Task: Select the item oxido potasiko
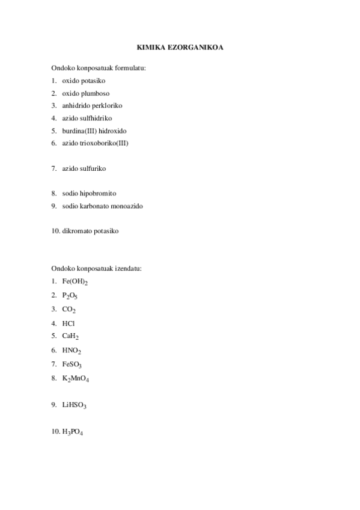(x=84, y=81)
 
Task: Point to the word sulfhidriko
(x=96, y=118)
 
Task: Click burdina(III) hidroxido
(x=94, y=131)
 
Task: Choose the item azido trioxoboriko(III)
(x=95, y=143)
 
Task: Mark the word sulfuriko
(x=93, y=168)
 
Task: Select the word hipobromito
(x=98, y=193)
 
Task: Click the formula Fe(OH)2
(x=75, y=281)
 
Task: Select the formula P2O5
(x=70, y=295)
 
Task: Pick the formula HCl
(x=69, y=323)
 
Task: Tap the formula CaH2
(x=70, y=336)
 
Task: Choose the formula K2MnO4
(x=76, y=378)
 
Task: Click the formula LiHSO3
(x=74, y=405)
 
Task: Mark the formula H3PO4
(x=72, y=432)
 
